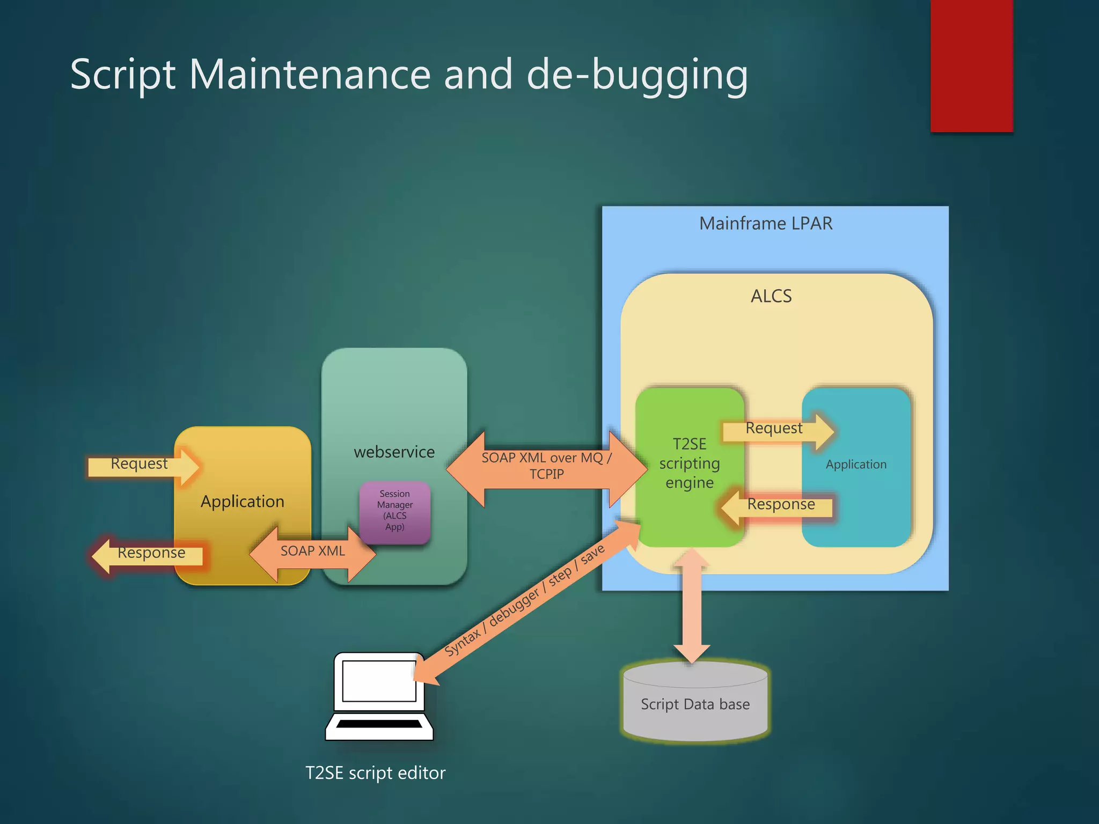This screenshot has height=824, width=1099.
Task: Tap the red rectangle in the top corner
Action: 971,64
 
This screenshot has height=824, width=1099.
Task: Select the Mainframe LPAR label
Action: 765,223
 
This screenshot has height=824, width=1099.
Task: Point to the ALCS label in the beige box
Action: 771,296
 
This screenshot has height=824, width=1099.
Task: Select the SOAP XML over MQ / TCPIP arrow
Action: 546,467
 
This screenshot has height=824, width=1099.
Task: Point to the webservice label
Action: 394,452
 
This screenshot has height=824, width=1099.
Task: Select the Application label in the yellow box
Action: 242,502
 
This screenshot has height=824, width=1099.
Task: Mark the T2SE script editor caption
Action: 375,773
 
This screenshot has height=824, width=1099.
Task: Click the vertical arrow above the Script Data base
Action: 692,606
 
